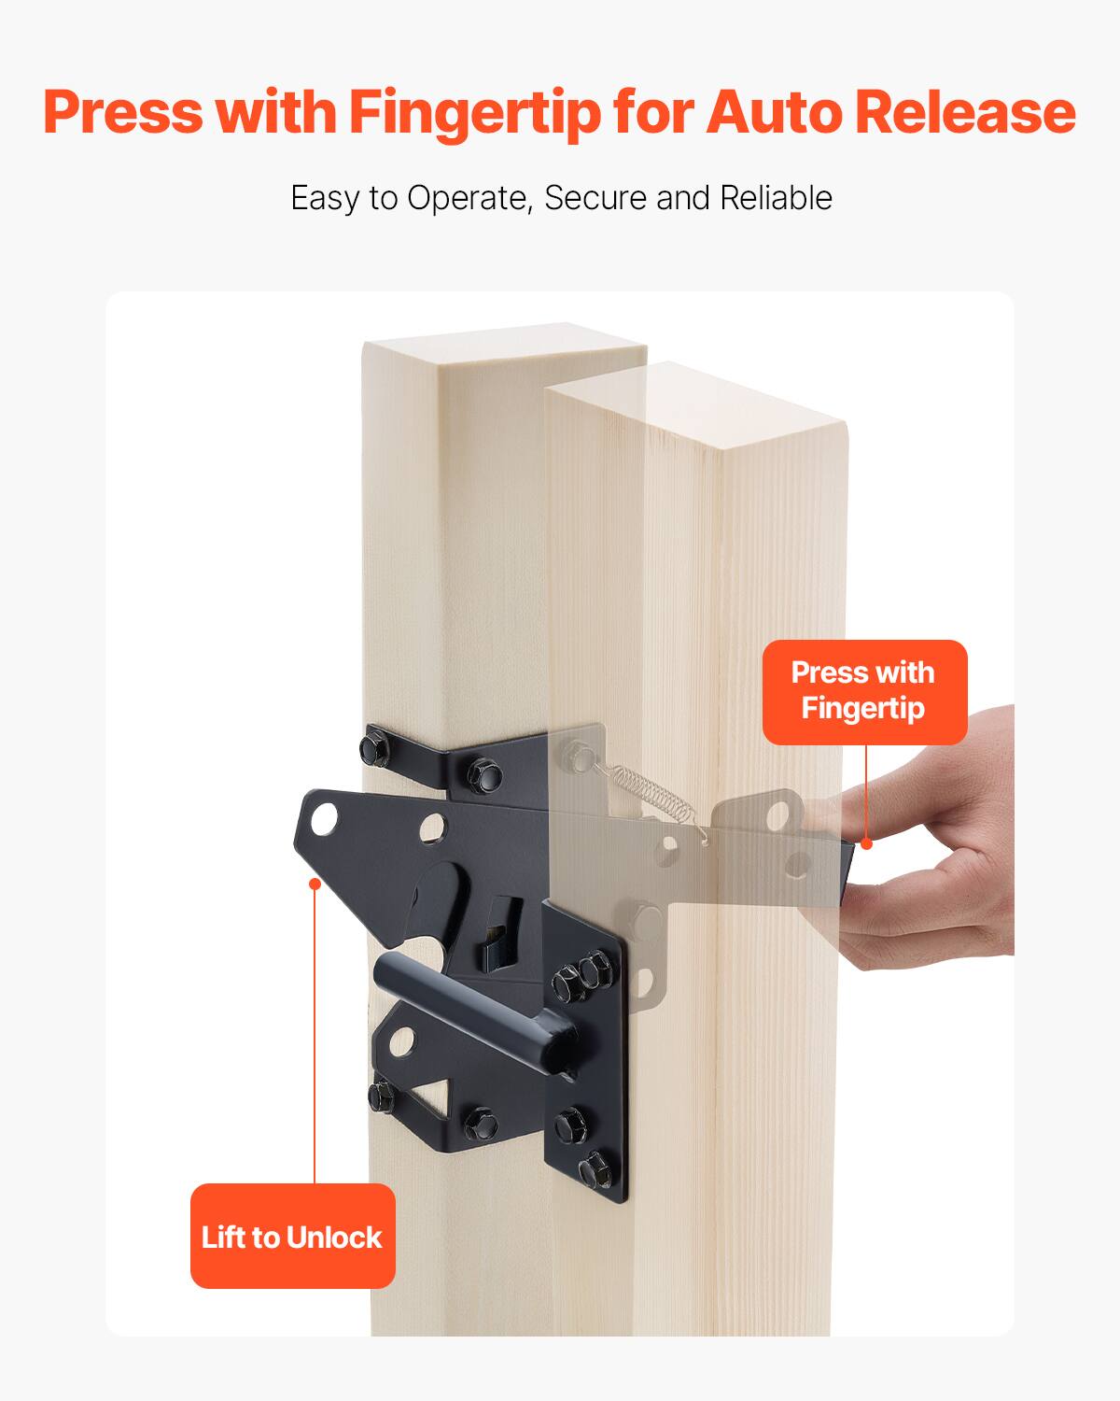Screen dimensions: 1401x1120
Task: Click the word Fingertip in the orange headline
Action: click(x=475, y=112)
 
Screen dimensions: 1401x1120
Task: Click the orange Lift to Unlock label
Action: click(x=292, y=1237)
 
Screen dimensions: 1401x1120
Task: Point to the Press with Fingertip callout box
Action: click(x=864, y=691)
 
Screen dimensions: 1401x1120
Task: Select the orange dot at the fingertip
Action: click(x=866, y=843)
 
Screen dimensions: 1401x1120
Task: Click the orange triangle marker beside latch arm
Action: click(x=315, y=884)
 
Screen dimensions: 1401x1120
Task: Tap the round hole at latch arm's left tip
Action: click(x=324, y=819)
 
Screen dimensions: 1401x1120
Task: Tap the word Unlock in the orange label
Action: click(x=335, y=1237)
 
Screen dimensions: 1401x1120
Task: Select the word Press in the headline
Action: click(x=123, y=112)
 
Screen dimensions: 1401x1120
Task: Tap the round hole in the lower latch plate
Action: click(x=401, y=1040)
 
